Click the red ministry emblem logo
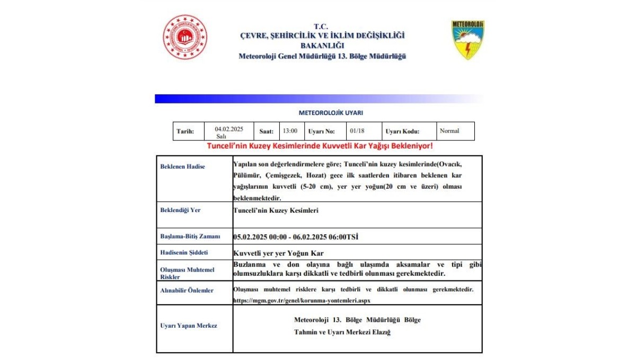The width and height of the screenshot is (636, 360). [185, 37]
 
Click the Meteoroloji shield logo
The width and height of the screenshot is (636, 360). [467, 40]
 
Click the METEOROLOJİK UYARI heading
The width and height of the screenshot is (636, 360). [331, 112]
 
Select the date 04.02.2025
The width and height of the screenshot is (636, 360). [229, 129]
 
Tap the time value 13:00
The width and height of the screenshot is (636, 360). [290, 131]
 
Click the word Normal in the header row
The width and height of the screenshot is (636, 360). [449, 131]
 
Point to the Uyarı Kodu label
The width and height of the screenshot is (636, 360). [402, 131]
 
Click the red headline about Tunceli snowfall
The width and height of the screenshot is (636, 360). [320, 146]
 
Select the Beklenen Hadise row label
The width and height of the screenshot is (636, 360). [182, 166]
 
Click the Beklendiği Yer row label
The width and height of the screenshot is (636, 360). [180, 210]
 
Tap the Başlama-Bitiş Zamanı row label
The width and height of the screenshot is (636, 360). [190, 236]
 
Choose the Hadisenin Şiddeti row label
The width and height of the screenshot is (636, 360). [184, 252]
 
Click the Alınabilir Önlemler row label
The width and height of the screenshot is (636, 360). [187, 291]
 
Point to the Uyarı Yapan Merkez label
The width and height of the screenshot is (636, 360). [188, 326]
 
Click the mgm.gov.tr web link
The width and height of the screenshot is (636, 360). [302, 300]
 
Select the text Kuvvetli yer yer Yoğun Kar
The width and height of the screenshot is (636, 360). [278, 253]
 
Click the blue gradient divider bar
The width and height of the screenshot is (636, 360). [318, 99]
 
